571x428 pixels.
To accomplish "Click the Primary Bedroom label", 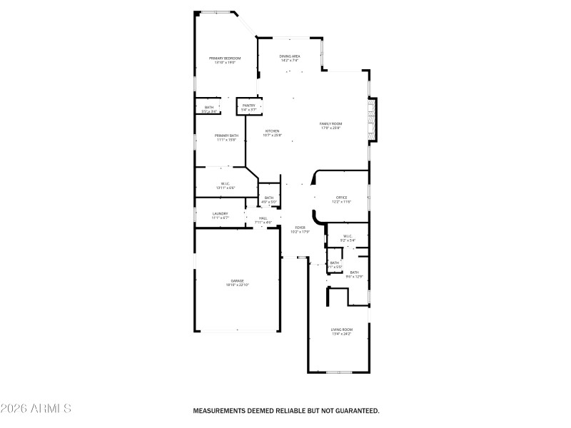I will (x=224, y=58).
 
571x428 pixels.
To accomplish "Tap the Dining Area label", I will (x=289, y=56).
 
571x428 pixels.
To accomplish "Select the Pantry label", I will (x=248, y=106).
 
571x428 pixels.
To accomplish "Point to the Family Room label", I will (x=330, y=123).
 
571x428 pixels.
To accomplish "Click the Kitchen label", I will (x=273, y=131).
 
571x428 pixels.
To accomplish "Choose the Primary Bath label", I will (x=227, y=135).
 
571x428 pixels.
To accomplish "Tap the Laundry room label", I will (x=220, y=213).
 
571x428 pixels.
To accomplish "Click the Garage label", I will (x=238, y=280).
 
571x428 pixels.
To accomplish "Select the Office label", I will (x=341, y=197).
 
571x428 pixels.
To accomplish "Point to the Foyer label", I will (x=300, y=228).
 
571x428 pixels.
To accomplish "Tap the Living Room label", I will (x=341, y=329).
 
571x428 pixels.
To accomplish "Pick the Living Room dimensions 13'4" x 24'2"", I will (x=341, y=334).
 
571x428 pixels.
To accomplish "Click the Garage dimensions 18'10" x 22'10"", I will (x=238, y=285).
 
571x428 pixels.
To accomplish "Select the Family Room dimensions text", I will (x=330, y=128).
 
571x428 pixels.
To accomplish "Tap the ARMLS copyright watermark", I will (x=36, y=409).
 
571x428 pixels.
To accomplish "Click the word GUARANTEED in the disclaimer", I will (x=355, y=411).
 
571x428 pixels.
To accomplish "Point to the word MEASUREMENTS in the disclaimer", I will (x=221, y=411).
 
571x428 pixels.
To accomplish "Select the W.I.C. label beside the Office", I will (x=348, y=236).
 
